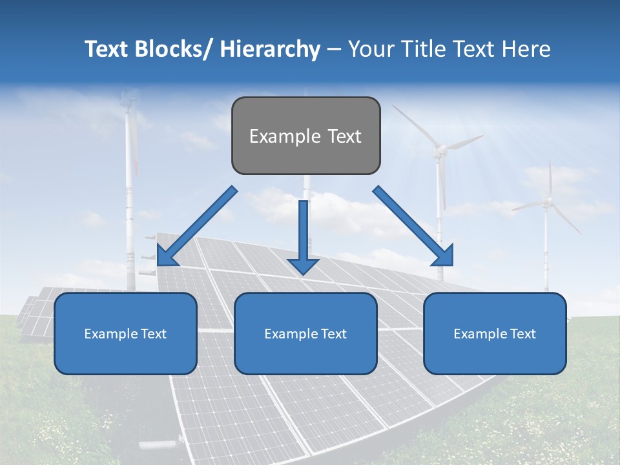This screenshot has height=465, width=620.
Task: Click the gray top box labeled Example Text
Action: click(x=305, y=136)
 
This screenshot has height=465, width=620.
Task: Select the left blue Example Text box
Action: click(x=125, y=333)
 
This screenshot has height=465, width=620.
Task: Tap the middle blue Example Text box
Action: click(x=305, y=333)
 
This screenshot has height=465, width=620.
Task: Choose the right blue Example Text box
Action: click(x=495, y=333)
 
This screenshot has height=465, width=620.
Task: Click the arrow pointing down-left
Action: click(x=196, y=226)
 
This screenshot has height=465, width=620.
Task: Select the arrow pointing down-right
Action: click(x=413, y=226)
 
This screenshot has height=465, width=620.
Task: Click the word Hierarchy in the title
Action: click(x=270, y=49)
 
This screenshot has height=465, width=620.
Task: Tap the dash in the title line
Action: click(x=334, y=49)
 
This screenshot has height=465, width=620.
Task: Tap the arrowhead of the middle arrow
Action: click(x=303, y=265)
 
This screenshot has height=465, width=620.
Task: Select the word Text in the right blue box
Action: click(x=522, y=333)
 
